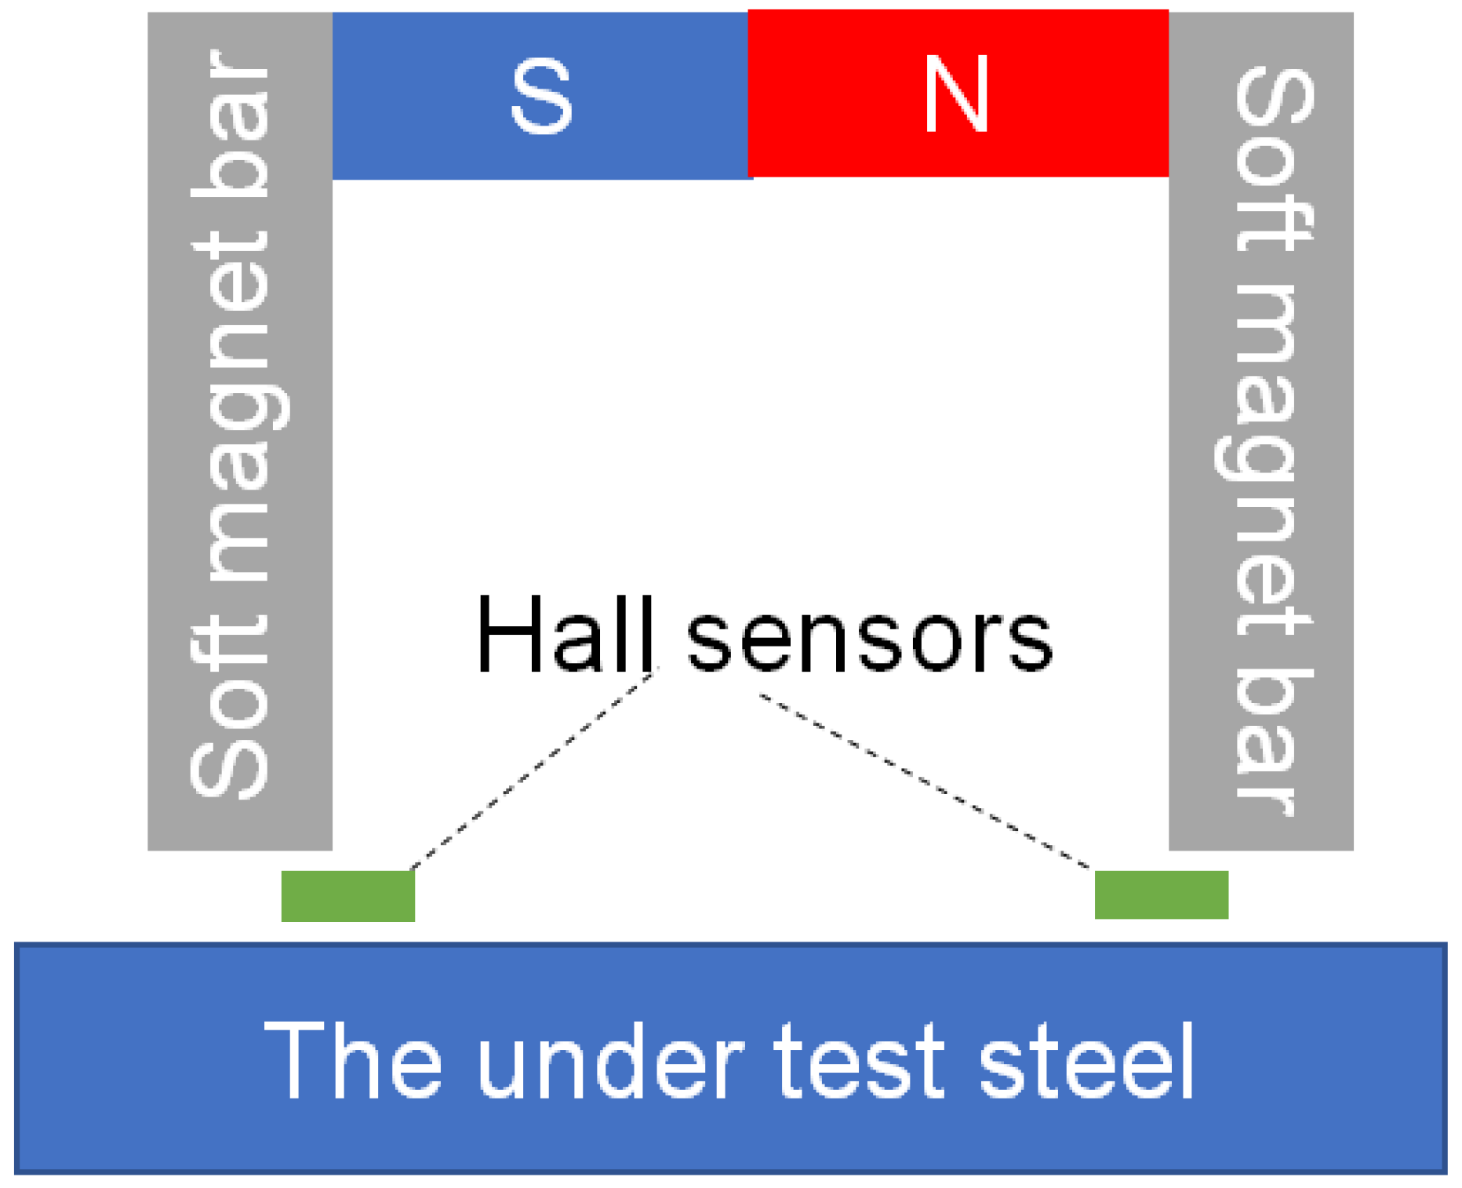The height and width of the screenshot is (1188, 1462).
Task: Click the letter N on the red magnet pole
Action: pos(955,96)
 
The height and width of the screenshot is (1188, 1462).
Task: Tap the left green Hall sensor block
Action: pos(347,895)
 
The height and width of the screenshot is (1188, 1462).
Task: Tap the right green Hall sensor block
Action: pos(1161,894)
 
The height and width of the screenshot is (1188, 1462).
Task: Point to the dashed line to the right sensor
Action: pos(926,782)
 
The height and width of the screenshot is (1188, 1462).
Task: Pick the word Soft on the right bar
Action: pos(1272,161)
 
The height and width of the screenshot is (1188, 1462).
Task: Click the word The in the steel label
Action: pos(353,1061)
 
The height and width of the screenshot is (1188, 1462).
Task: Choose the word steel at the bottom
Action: pos(1086,1061)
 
